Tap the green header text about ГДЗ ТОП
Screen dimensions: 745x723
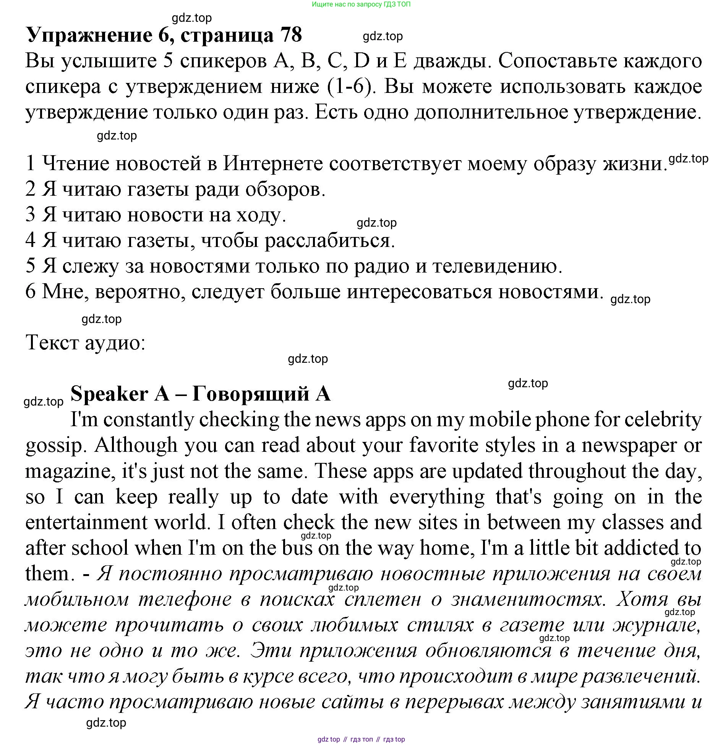(361, 5)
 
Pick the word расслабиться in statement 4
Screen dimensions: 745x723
(329, 240)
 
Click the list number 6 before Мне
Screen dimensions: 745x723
(31, 292)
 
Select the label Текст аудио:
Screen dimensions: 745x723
(85, 342)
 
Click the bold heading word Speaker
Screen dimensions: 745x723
(110, 394)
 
